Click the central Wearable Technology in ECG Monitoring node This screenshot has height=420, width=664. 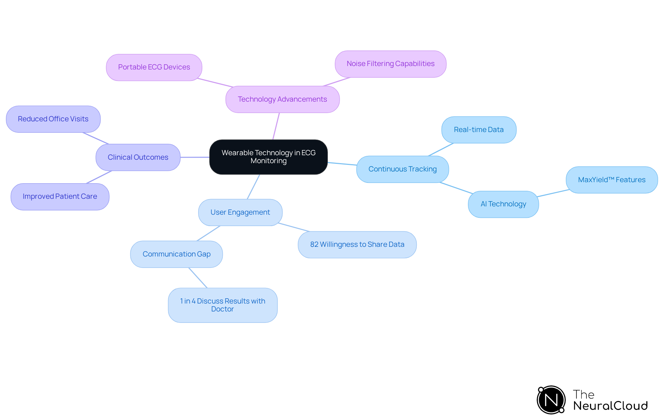pos(268,157)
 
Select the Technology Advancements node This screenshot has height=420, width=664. pos(282,100)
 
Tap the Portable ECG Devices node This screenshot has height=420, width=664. pos(154,67)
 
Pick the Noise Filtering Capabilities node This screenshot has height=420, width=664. pos(390,64)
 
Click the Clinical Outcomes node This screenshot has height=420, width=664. pos(138,158)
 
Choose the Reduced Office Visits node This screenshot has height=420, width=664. pos(53,119)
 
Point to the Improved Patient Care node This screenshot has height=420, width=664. pos(60,197)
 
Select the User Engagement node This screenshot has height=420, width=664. pos(240,213)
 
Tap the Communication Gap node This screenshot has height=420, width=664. pos(176,254)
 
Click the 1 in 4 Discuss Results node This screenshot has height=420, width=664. pos(222,305)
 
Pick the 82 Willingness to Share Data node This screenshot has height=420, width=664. pos(357,245)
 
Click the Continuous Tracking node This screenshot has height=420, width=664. pos(402,169)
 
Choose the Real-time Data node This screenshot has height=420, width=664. pos(479,130)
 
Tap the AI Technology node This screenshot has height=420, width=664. pos(503,204)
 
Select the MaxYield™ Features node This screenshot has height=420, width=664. pos(611,180)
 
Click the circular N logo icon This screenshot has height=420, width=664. pos(551,400)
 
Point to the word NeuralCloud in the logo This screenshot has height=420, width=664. pos(610,406)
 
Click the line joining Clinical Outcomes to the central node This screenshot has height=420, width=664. pos(195,157)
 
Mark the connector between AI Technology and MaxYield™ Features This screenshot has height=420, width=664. pos(553,193)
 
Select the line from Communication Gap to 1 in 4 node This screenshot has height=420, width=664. pos(198,278)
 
